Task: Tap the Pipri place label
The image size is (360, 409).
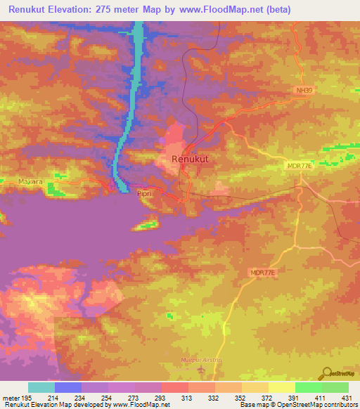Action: (145, 191)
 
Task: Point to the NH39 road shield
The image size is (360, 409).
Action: (302, 90)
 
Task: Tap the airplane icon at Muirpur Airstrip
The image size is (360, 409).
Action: (201, 368)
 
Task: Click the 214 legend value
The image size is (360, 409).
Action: (55, 398)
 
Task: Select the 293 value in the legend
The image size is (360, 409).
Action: (162, 398)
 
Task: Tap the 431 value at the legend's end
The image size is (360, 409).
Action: (348, 398)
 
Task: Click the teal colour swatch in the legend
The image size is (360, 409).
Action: (41, 387)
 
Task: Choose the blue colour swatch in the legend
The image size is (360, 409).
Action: (68, 387)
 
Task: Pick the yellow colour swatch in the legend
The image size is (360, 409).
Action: (281, 387)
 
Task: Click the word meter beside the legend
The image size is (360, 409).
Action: (10, 398)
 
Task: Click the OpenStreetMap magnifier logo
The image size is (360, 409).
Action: (328, 372)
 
